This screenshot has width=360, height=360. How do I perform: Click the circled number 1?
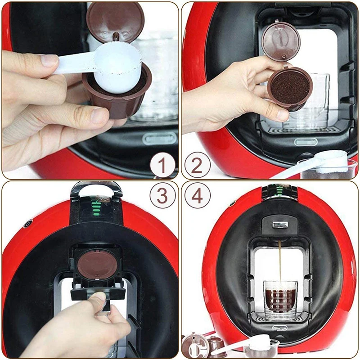[x=162, y=165]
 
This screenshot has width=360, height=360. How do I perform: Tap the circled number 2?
[x=197, y=165]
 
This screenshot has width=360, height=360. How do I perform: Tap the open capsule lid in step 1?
[x=115, y=21]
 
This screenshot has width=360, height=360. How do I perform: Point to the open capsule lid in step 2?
[x=280, y=40]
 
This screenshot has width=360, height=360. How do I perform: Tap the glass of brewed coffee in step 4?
[x=280, y=299]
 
